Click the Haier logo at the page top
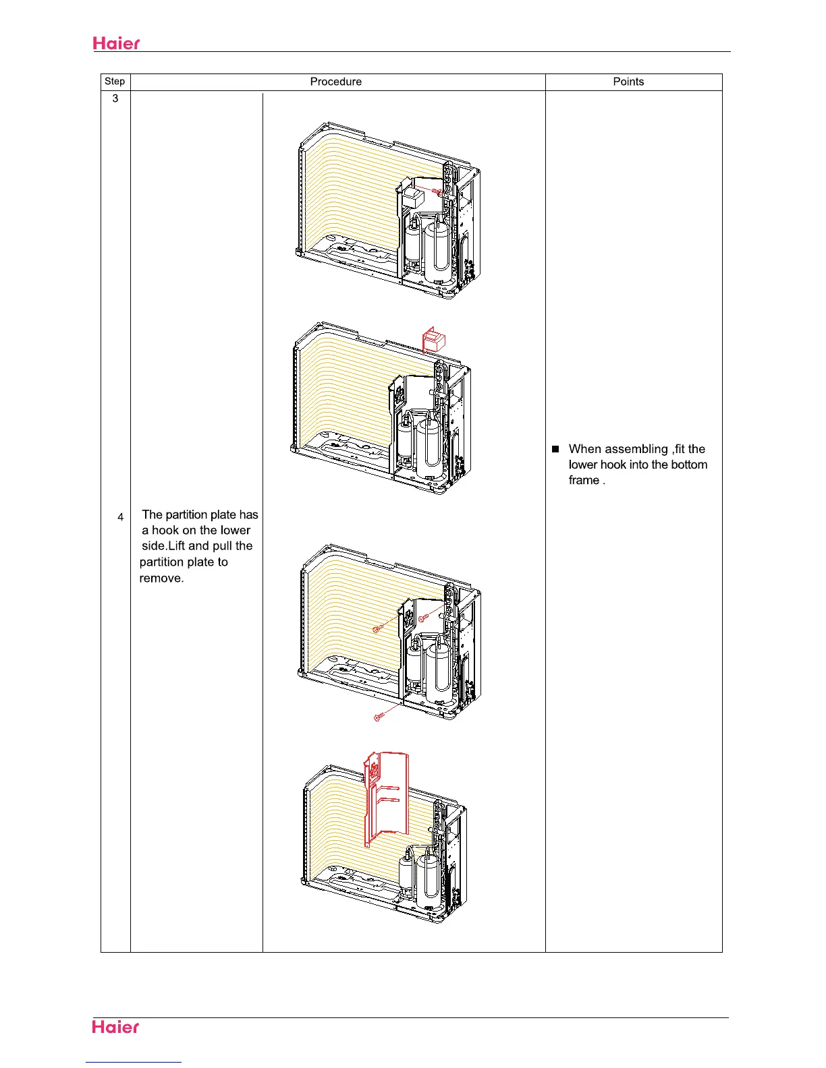(116, 43)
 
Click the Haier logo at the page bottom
(116, 1027)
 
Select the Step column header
(115, 82)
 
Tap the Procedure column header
(335, 82)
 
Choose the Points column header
(628, 82)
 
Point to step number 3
(115, 98)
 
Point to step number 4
(120, 517)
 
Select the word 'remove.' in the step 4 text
(161, 578)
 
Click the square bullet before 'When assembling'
(556, 449)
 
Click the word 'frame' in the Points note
(584, 480)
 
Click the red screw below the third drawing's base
(379, 715)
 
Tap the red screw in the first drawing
(437, 192)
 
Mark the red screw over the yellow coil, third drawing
(379, 629)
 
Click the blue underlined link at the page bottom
(134, 1063)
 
